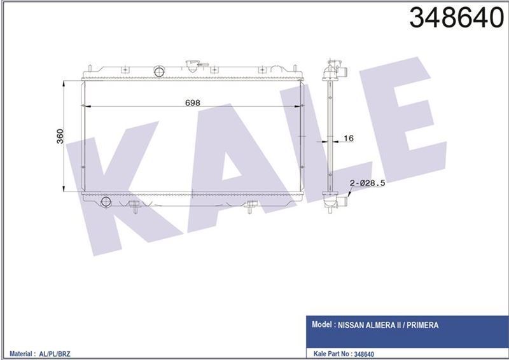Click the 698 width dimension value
click(x=192, y=102)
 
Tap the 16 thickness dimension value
click(x=348, y=138)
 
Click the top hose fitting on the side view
click(x=342, y=70)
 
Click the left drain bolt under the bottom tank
click(x=134, y=206)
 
